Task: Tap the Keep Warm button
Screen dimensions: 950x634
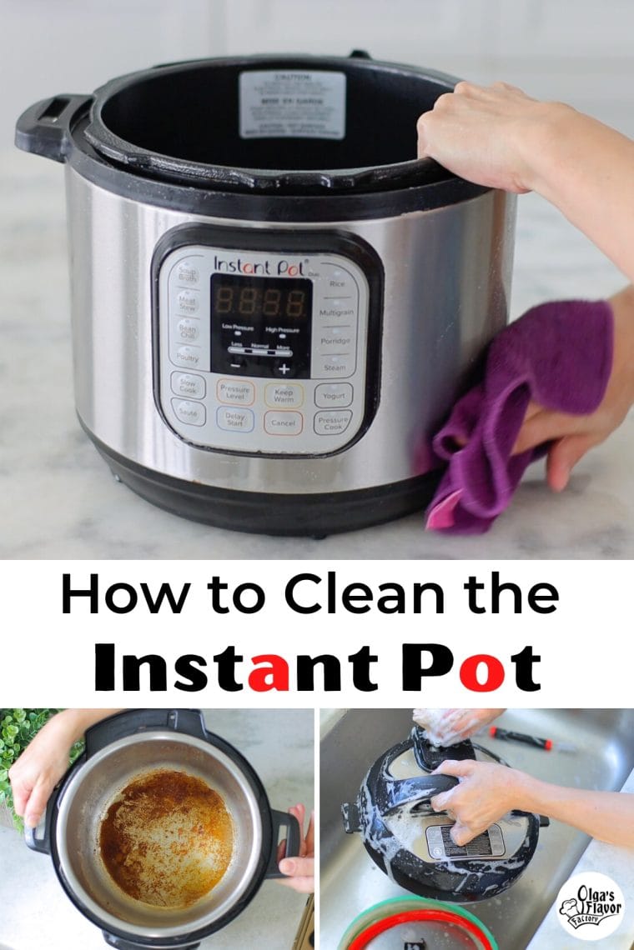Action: (x=284, y=394)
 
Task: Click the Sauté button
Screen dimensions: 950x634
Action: (x=188, y=412)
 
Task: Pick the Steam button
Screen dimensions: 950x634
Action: (x=334, y=366)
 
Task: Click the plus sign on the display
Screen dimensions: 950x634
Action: (x=284, y=367)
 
